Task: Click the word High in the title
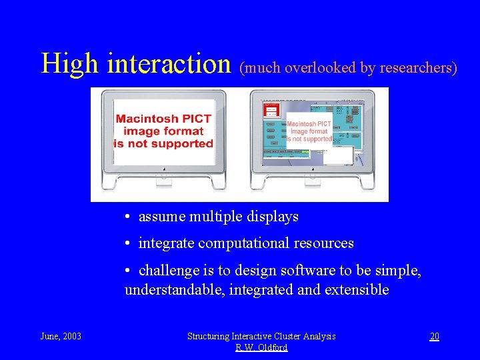(x=70, y=64)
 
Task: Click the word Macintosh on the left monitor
(x=163, y=119)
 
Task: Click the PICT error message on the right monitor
(x=309, y=131)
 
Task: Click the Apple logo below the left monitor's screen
(x=163, y=177)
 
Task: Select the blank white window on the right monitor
(x=338, y=155)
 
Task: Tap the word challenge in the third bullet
(x=169, y=271)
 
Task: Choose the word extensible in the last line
(x=357, y=290)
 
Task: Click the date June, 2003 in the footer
(x=61, y=336)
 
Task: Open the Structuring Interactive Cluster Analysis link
(x=261, y=336)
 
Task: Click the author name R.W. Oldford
(x=261, y=347)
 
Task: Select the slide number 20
(x=434, y=336)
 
